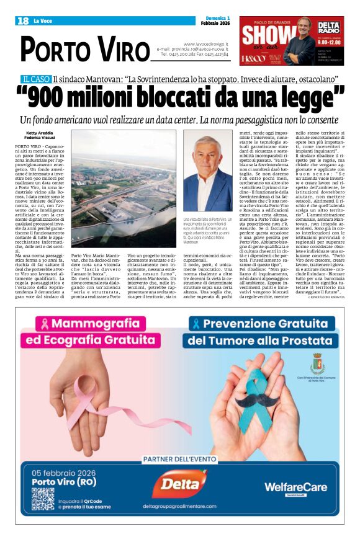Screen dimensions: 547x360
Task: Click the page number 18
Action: (23, 21)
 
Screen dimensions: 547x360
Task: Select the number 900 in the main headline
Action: (60, 97)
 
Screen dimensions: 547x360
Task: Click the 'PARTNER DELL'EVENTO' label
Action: (179, 460)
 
